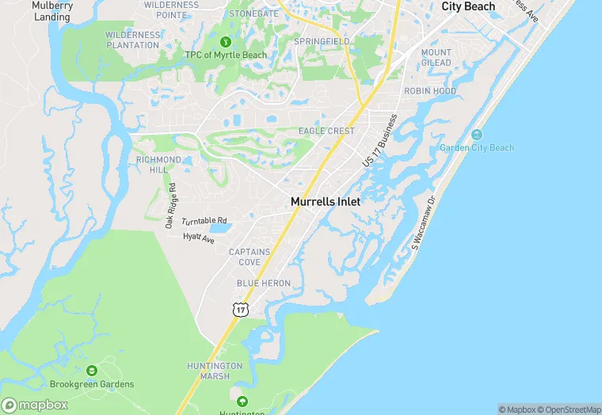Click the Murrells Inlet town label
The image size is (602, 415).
tap(326, 202)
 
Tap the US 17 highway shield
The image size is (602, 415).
tap(241, 310)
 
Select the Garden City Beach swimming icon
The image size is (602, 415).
tap(477, 134)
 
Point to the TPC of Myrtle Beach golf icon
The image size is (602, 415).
tap(225, 42)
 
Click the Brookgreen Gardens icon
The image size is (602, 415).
tap(92, 371)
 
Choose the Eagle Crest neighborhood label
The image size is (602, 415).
tap(326, 131)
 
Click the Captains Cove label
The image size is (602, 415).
tap(250, 257)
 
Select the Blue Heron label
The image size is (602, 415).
tap(264, 283)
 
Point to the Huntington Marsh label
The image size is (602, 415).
tap(215, 371)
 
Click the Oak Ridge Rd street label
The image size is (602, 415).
tap(171, 206)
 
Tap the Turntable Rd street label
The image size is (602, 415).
tap(204, 221)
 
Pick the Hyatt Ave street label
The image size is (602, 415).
tap(199, 237)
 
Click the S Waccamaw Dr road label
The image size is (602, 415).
tap(423, 225)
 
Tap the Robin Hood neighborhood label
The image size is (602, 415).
tap(430, 91)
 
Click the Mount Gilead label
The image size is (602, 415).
tap(436, 58)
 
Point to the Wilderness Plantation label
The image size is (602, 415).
tap(132, 40)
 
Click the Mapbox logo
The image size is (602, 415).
tap(35, 405)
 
